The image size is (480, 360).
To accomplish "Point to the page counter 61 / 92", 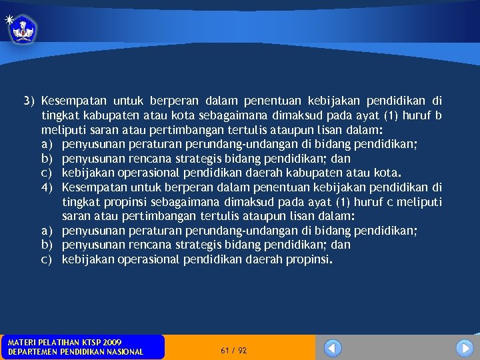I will [x=233, y=350].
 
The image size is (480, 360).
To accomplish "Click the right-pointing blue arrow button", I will [x=465, y=348].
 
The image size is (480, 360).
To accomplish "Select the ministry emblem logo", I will [x=23, y=29].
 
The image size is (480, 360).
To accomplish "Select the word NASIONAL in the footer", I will [x=122, y=352].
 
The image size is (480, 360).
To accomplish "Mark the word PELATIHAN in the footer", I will [x=55, y=343].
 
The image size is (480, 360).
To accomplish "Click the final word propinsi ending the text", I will [x=308, y=259].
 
